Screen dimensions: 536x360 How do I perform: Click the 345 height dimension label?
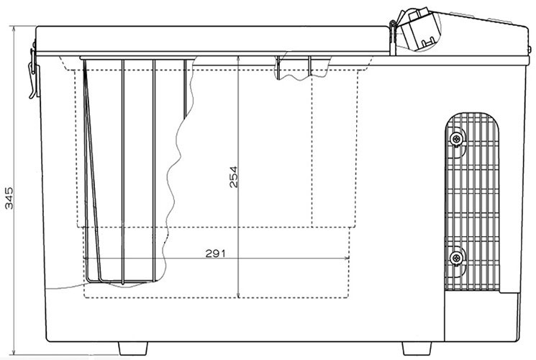pos(9,198)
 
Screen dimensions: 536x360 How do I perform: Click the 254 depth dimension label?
pos(234,177)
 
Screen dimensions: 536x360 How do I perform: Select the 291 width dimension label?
pos(216,253)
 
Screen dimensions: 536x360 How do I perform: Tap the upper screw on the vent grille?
pos(456,138)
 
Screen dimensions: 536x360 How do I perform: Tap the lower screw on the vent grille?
pos(456,258)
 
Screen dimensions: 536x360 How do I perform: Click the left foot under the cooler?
pos(133,348)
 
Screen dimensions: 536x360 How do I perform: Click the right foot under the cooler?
pos(417,348)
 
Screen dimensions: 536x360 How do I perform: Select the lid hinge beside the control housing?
pos(393,37)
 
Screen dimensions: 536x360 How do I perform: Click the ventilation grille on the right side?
pos(472,201)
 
